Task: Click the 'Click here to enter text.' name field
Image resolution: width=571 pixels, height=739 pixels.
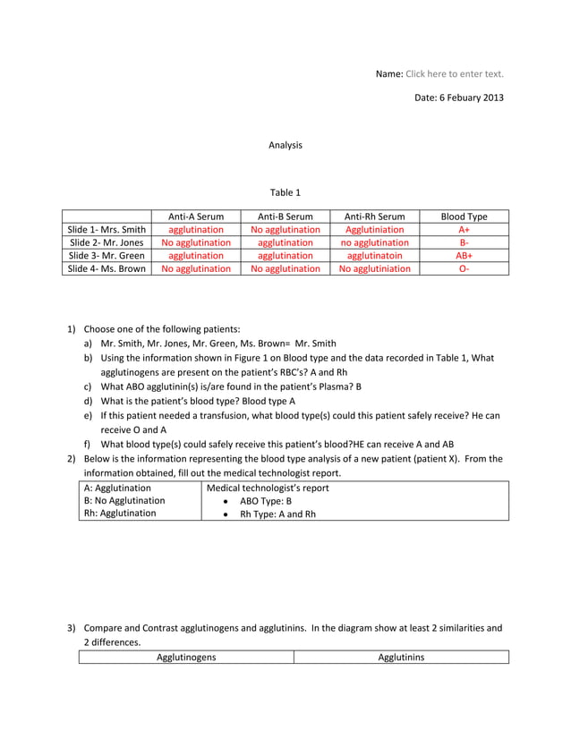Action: tap(455, 73)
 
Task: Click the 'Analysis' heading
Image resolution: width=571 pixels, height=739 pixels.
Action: tap(285, 145)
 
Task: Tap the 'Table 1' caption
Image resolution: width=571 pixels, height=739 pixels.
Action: tap(285, 192)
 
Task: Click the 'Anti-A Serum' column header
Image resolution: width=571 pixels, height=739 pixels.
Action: tap(196, 217)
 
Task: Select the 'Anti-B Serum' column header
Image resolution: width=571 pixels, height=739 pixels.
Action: tap(285, 217)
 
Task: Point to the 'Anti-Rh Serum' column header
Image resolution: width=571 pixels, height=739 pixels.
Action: tap(374, 217)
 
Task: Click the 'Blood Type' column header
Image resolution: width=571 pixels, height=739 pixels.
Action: tap(464, 217)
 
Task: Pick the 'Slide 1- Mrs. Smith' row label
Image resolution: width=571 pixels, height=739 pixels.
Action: tap(107, 230)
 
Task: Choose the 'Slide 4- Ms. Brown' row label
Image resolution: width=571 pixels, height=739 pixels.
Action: tap(107, 268)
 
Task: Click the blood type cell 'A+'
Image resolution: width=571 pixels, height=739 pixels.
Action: tap(464, 230)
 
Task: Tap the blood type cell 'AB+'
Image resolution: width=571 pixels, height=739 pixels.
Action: tap(464, 255)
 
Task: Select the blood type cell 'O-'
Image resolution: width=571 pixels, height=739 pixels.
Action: tap(464, 268)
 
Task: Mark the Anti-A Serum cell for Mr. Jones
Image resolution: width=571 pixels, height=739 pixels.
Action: tap(196, 242)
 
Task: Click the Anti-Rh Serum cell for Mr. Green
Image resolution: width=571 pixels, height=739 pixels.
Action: tap(374, 255)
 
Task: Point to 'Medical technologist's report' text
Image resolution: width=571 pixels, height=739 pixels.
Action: tap(268, 488)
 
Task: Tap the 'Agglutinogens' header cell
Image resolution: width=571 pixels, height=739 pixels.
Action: tap(186, 658)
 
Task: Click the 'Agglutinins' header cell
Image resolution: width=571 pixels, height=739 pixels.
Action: tap(401, 658)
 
